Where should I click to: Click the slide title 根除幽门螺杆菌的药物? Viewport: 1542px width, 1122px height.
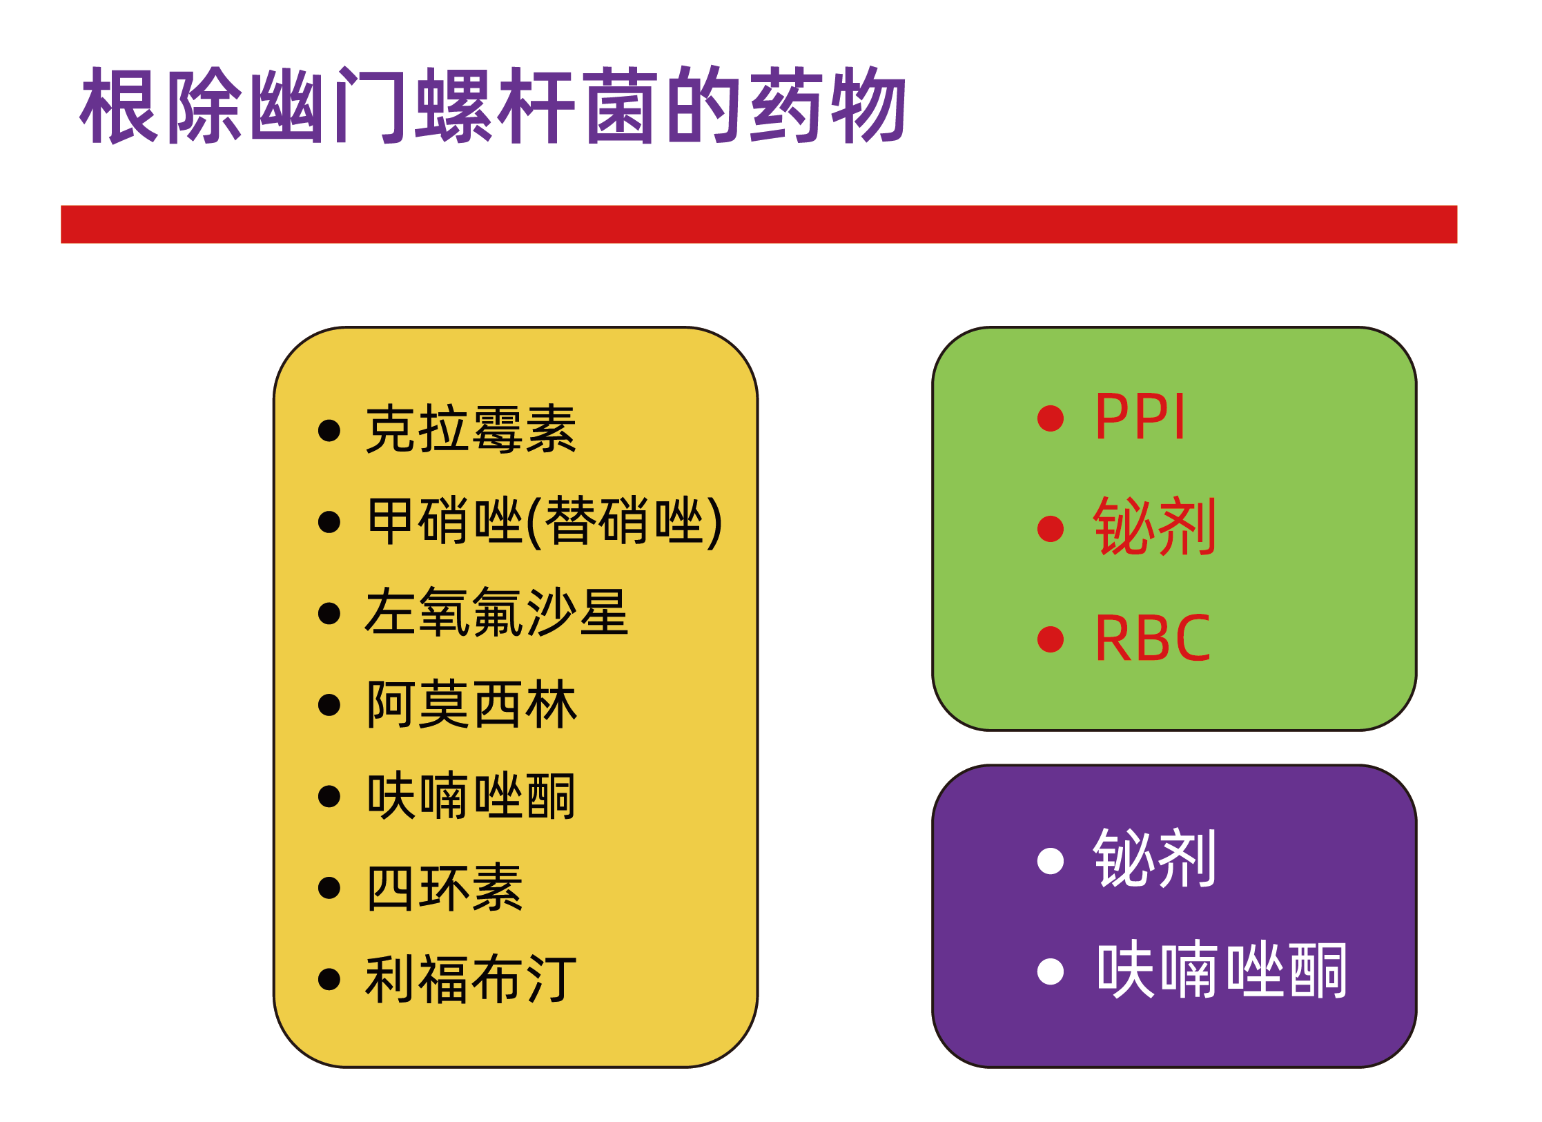click(493, 105)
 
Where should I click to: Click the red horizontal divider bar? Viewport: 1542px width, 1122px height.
click(759, 224)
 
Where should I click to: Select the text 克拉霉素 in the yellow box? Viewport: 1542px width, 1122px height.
click(471, 429)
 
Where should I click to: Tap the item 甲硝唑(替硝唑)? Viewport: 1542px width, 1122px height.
click(545, 521)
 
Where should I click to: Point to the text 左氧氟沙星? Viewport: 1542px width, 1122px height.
click(497, 612)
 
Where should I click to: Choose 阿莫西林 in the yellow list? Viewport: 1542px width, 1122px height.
click(471, 704)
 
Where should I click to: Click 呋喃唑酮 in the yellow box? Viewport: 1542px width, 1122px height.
click(471, 795)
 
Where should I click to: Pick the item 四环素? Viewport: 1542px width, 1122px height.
click(445, 887)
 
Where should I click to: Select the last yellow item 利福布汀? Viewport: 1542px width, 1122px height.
click(471, 978)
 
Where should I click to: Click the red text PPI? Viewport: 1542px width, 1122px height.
click(1140, 416)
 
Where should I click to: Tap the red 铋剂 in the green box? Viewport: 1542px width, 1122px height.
click(1154, 527)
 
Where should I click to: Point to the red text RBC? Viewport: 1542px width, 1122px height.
click(1153, 638)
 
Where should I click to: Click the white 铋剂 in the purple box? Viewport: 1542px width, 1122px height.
click(1154, 858)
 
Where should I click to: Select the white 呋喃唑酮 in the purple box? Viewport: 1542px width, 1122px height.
click(1222, 969)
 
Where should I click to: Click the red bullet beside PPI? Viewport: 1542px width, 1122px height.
click(1051, 418)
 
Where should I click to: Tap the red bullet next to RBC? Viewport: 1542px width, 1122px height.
click(1051, 639)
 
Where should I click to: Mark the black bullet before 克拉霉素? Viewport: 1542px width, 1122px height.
click(329, 431)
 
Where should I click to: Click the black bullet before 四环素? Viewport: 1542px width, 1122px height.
click(329, 888)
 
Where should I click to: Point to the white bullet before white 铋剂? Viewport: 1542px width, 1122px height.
click(1051, 860)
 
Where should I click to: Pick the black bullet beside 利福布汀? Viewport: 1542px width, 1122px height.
click(329, 979)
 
